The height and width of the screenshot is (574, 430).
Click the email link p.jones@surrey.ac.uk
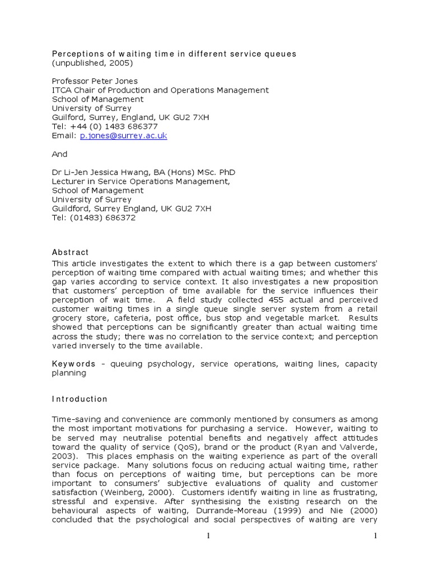[123, 136]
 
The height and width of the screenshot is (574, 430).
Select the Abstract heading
[71, 252]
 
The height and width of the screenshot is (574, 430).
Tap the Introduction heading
[80, 399]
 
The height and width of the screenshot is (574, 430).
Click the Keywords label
[74, 364]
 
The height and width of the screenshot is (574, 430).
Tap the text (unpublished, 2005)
[92, 63]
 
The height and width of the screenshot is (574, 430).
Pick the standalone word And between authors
[59, 154]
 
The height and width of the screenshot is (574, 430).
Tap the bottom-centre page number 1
[208, 536]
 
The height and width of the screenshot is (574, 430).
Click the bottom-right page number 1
[376, 536]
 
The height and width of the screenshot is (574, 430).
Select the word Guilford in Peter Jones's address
[69, 118]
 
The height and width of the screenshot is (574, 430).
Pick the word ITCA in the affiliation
[62, 90]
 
